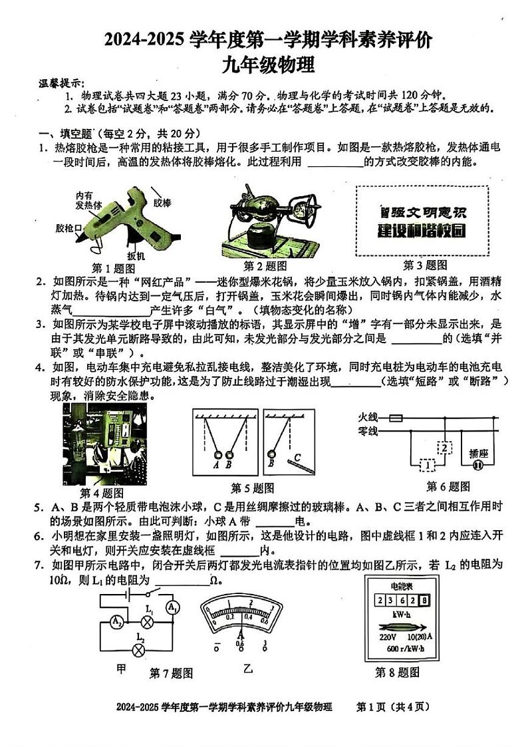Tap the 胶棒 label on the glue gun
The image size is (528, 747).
click(162, 202)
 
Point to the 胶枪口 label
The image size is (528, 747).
click(69, 228)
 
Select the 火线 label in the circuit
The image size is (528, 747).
click(368, 417)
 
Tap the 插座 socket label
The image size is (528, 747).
click(478, 453)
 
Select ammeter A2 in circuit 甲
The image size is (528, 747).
click(116, 622)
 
